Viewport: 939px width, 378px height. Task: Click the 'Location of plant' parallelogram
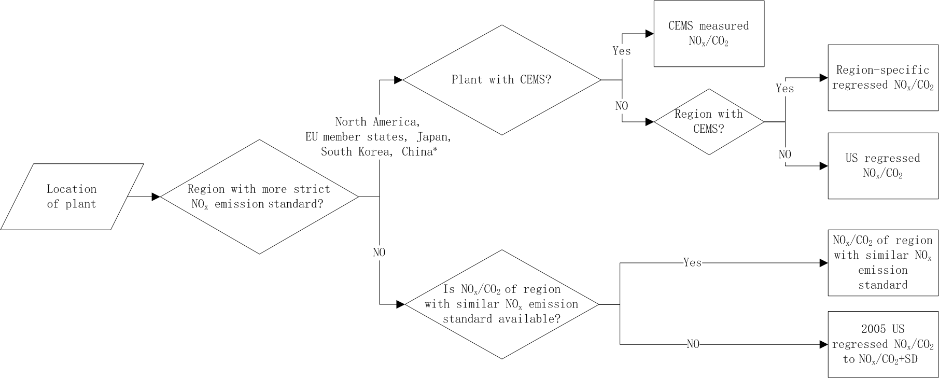coord(72,197)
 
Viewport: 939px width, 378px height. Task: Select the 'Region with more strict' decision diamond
coord(259,197)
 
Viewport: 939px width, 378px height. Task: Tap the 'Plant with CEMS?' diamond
coord(501,80)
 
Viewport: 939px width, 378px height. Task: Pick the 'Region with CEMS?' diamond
coord(709,122)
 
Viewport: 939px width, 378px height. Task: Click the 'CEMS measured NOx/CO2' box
coord(709,34)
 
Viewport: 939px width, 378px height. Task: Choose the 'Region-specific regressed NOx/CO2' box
coord(883,78)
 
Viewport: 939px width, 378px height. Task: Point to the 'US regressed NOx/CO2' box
coord(883,166)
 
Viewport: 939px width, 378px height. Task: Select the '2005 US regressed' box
coord(883,344)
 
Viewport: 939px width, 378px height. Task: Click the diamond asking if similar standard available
coord(501,304)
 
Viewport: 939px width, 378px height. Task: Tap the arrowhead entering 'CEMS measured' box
coord(649,34)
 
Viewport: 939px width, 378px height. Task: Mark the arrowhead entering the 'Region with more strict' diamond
coord(156,197)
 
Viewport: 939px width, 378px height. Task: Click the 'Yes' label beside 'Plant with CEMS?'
coord(622,51)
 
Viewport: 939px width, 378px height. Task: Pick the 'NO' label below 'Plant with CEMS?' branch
coord(622,106)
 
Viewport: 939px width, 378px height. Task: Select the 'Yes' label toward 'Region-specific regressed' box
coord(784,89)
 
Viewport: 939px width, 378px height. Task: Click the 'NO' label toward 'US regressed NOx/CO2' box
coord(784,154)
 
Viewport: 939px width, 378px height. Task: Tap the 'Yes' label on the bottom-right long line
coord(692,263)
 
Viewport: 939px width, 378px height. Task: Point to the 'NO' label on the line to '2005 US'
coord(693,344)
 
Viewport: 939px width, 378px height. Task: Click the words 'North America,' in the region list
coord(376,122)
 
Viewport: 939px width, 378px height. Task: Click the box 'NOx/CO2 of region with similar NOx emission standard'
coord(883,263)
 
